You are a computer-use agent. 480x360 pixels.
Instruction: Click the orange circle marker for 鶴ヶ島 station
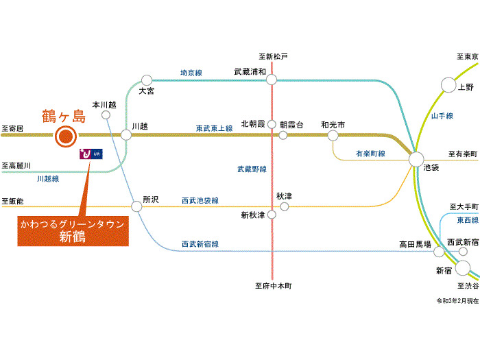[x=65, y=136]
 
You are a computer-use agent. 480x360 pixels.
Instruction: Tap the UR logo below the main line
[x=91, y=154]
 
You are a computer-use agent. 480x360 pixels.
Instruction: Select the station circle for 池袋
[x=417, y=159]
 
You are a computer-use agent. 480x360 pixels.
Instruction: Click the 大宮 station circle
[x=146, y=80]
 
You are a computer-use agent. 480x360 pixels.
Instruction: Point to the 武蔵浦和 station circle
[x=272, y=80]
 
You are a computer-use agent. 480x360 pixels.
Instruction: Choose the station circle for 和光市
[x=333, y=135]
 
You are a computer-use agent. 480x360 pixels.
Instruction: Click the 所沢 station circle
[x=136, y=205]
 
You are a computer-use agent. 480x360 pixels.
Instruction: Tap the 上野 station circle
[x=448, y=85]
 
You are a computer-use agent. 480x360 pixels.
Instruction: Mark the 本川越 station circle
[x=106, y=115]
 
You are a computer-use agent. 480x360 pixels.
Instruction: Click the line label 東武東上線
[x=214, y=128]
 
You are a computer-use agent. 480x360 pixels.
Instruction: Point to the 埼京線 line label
[x=191, y=72]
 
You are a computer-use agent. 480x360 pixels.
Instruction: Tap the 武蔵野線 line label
[x=252, y=168]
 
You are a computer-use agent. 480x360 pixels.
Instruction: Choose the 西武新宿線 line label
[x=200, y=243]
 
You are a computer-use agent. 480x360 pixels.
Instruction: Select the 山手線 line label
[x=442, y=117]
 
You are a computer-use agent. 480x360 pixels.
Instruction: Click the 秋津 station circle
[x=283, y=205]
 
